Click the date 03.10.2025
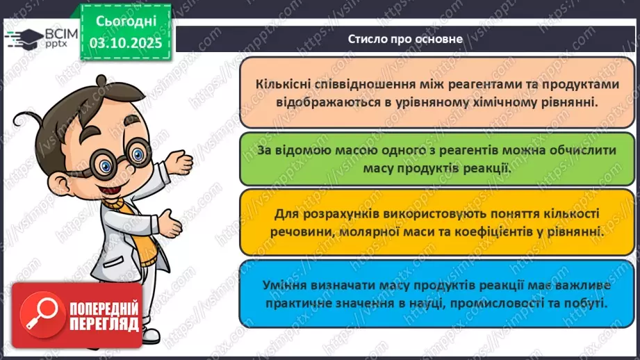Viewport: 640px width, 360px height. tap(125, 41)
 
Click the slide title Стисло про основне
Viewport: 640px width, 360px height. tap(405, 39)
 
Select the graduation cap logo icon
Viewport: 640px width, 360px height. tap(22, 38)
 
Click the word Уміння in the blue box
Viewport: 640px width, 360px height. tap(284, 285)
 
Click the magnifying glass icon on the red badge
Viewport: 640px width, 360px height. tap(38, 315)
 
